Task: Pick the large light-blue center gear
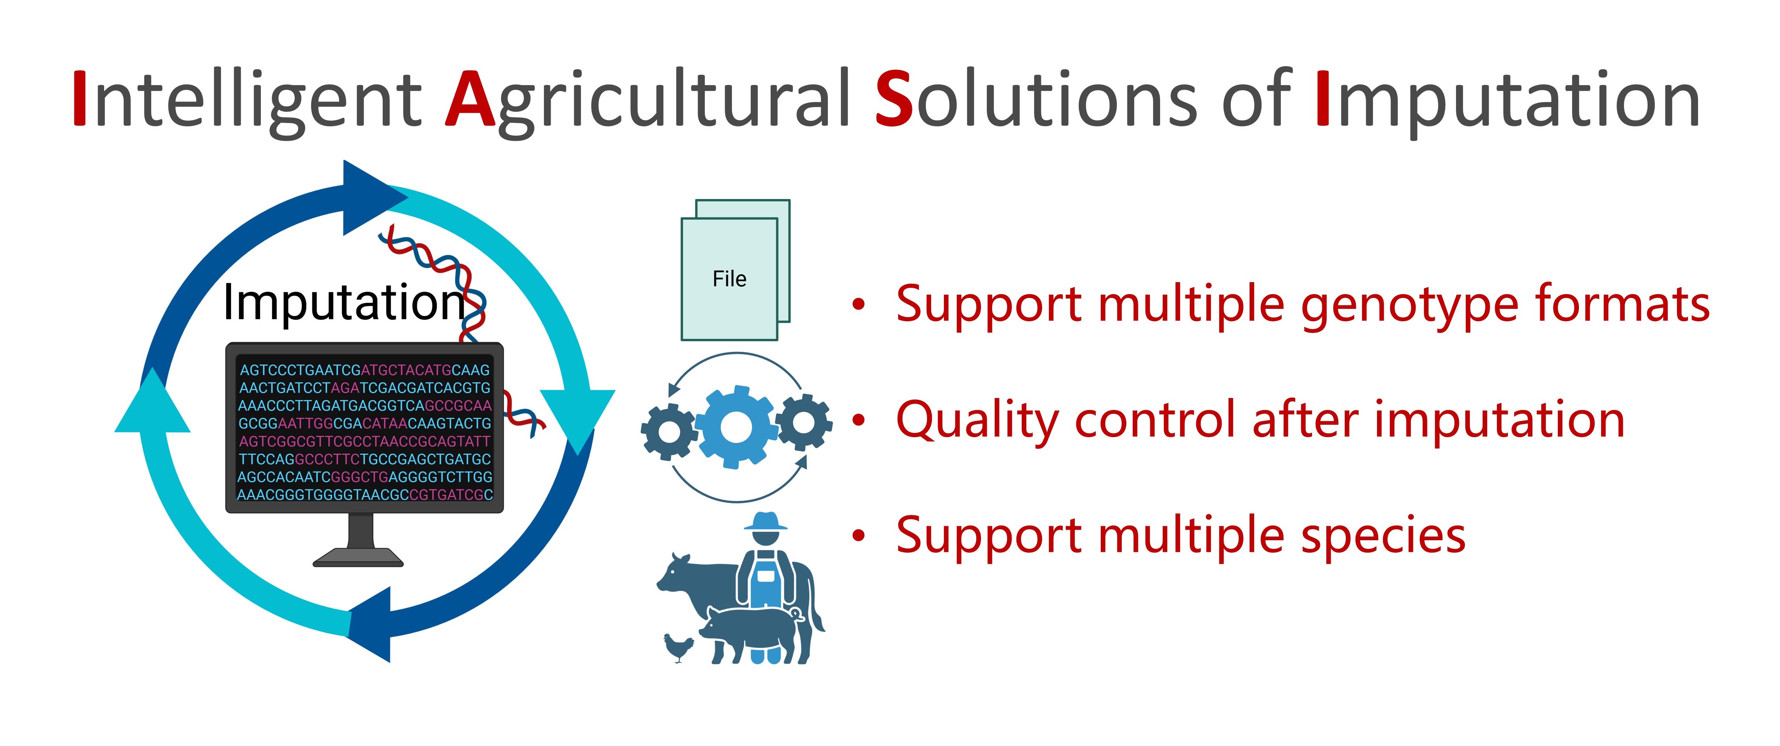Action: point(736,427)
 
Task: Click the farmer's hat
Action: point(765,521)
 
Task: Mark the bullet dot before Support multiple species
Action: point(858,535)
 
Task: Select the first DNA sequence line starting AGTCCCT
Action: point(364,370)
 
